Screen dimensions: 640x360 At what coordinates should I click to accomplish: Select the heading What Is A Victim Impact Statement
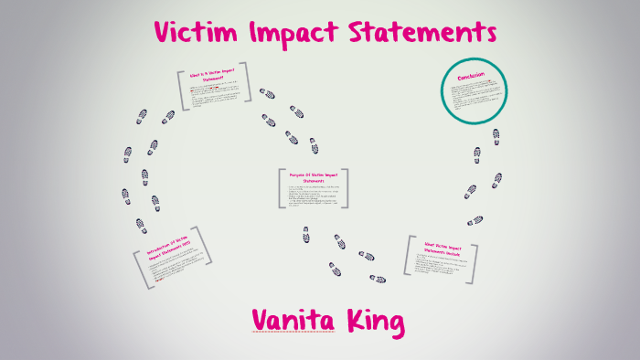pos(213,76)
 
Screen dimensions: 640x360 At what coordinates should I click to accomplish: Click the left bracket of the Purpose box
pos(279,188)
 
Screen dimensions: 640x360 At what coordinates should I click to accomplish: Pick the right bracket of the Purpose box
pos(348,188)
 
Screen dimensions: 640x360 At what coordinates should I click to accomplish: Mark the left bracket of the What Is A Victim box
pos(181,89)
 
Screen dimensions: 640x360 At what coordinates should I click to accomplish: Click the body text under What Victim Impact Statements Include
pos(443,268)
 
